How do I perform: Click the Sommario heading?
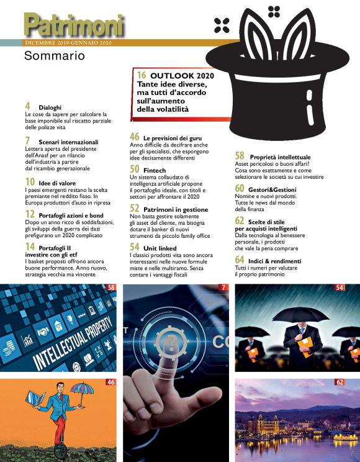[54, 57]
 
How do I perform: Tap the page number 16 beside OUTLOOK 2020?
[142, 75]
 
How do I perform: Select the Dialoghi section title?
[50, 107]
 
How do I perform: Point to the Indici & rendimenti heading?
[276, 261]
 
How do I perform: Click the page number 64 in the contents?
[240, 260]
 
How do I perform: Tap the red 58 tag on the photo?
[111, 288]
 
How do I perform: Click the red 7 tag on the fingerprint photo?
[223, 288]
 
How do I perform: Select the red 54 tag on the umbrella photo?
[339, 288]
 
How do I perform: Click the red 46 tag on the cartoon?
[111, 382]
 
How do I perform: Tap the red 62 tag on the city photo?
[339, 382]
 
